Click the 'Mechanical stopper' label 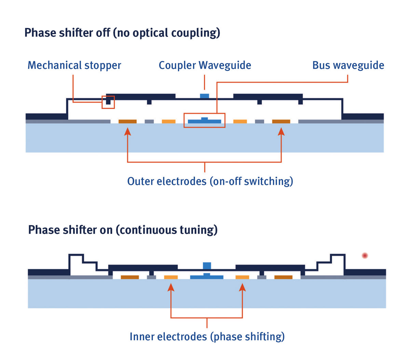click(x=74, y=65)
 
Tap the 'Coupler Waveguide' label click(x=205, y=65)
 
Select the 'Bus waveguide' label click(x=348, y=65)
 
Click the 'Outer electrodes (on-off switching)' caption click(x=210, y=181)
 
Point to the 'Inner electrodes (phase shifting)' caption click(x=207, y=337)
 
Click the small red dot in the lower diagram click(x=365, y=255)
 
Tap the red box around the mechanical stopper click(x=108, y=102)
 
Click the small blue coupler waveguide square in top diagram click(x=204, y=96)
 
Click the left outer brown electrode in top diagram click(x=127, y=122)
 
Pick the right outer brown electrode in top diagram click(x=281, y=122)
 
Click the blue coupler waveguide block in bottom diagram click(x=207, y=266)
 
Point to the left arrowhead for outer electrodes click(x=127, y=132)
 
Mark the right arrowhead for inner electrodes click(x=242, y=288)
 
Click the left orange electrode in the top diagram click(x=168, y=122)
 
